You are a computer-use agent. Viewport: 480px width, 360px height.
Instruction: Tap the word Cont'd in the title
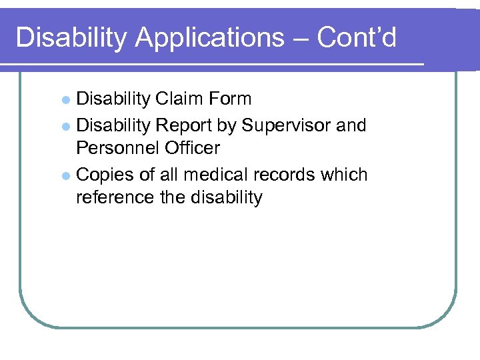pos(357,38)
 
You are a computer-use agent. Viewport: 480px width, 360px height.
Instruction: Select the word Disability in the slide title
pos(71,38)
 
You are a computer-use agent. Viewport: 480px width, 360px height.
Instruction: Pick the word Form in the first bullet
pos(229,99)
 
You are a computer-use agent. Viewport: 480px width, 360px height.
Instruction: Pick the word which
pos(344,175)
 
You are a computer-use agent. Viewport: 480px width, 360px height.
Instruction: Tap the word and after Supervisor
pos(351,125)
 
